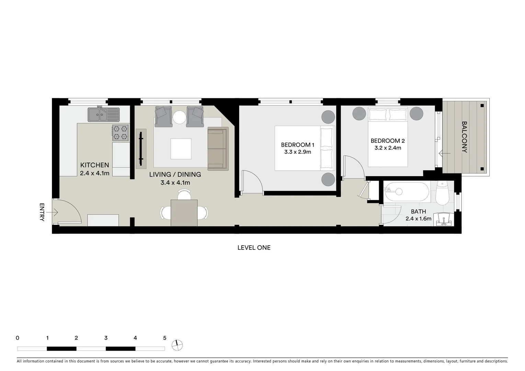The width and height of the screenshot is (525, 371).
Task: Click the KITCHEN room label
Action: point(94,165)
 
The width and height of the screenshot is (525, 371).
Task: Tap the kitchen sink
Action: point(103,114)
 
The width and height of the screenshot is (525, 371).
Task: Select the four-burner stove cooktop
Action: point(121,133)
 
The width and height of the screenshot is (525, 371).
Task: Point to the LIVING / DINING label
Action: point(175,175)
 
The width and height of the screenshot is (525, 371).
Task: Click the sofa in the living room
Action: point(218,148)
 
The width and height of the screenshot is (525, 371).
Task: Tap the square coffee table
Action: point(181,149)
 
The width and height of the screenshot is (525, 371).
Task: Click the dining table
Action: point(184,213)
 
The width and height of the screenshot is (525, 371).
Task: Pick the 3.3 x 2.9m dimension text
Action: point(297,152)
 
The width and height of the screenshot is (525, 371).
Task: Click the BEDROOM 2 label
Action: point(387,141)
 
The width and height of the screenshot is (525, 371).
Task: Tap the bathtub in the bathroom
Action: point(407,192)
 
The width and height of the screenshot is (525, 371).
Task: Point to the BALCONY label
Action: point(464,137)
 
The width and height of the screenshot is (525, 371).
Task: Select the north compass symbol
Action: point(178,345)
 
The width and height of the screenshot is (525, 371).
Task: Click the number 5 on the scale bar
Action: point(164,338)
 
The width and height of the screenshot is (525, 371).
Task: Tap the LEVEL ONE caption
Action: point(254,248)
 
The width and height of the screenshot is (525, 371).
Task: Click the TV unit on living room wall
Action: point(141,149)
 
